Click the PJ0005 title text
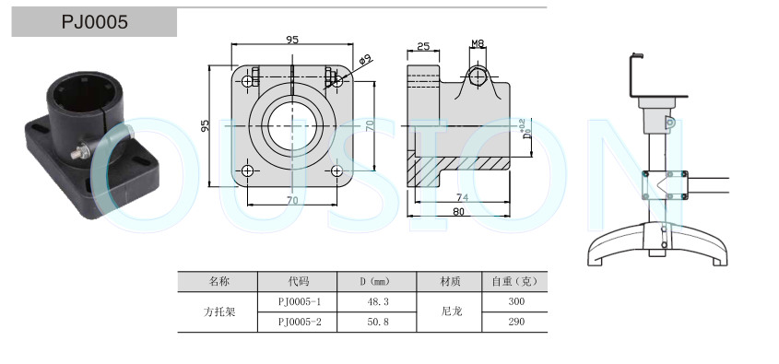click(x=94, y=22)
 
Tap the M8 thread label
click(x=478, y=43)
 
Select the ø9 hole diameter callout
click(x=365, y=60)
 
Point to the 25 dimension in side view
click(x=423, y=46)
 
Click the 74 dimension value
click(x=462, y=197)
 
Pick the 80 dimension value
click(x=458, y=212)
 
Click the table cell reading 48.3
click(x=378, y=301)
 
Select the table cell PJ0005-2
click(x=300, y=322)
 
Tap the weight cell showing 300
click(x=516, y=301)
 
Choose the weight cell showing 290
click(x=516, y=322)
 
